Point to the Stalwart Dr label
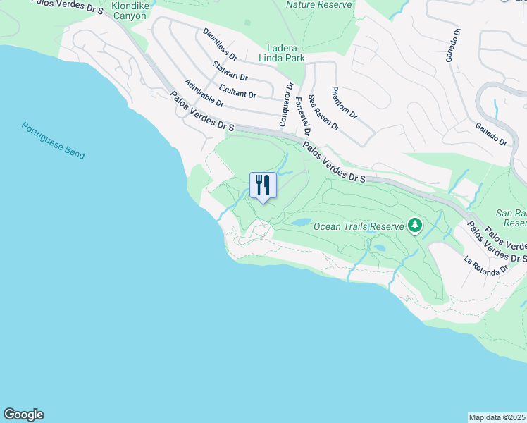[x=230, y=70]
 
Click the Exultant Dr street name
[x=237, y=90]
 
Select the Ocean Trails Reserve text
[x=359, y=226]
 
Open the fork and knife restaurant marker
[x=263, y=185]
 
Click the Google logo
[x=23, y=415]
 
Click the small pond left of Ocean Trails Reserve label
[x=302, y=221]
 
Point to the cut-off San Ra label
[x=512, y=218]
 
